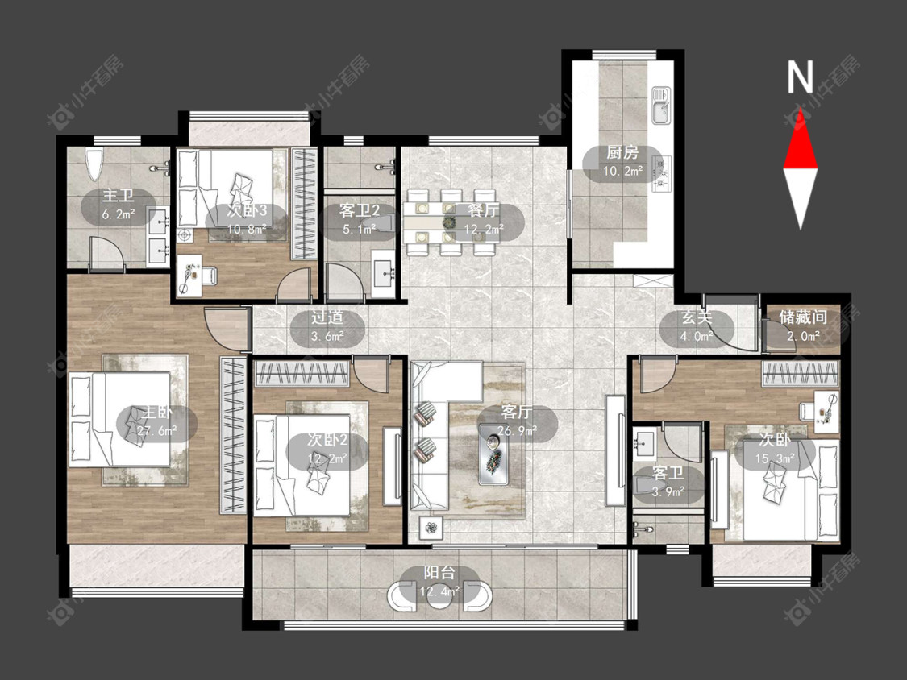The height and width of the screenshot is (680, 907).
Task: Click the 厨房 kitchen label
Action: tap(622, 152)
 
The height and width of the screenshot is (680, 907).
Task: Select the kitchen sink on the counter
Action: tap(660, 106)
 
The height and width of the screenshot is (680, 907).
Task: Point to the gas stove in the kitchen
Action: tap(660, 173)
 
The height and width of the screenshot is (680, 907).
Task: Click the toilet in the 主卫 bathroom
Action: tap(94, 164)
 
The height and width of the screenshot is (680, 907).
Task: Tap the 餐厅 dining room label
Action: tap(484, 210)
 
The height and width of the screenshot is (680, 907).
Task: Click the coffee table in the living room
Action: tap(493, 454)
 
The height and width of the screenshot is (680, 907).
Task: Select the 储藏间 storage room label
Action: tap(803, 317)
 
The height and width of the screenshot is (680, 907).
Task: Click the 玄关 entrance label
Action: tap(697, 317)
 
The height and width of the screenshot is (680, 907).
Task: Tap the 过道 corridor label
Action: tap(327, 317)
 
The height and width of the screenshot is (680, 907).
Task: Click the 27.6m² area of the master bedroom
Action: tap(156, 431)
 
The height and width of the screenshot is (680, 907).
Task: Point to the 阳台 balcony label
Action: tap(439, 573)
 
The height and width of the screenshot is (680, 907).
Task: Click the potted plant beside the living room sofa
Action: tap(431, 528)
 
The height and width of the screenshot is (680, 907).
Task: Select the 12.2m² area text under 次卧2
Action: tap(327, 458)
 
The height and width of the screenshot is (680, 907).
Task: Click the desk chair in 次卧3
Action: tap(208, 276)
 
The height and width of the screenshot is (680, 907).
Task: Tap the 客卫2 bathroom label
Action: tap(359, 210)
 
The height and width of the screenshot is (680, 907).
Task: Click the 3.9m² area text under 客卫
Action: tap(668, 492)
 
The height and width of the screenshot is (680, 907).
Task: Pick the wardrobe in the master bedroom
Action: tap(234, 435)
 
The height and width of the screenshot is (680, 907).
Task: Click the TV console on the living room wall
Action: tap(615, 451)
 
